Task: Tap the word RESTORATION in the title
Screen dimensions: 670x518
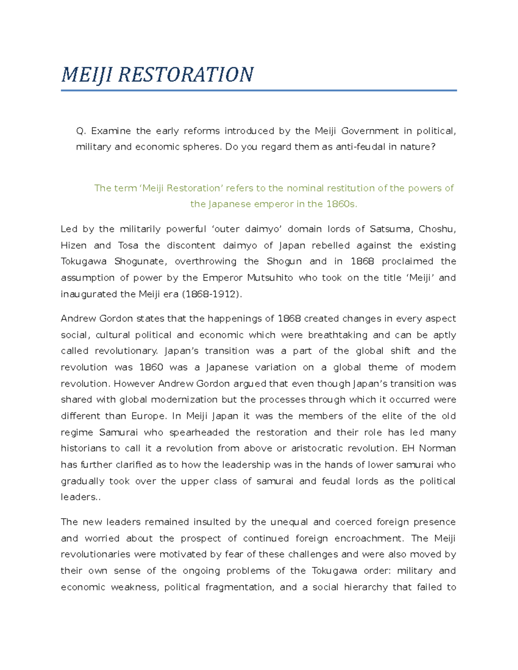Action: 186,75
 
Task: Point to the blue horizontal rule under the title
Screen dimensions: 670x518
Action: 259,91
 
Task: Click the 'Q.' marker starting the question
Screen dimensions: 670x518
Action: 81,131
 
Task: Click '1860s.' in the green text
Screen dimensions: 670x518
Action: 342,204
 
